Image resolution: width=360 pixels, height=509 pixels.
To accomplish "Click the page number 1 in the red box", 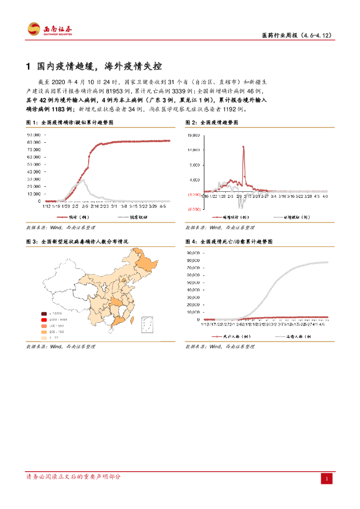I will tap(327, 478).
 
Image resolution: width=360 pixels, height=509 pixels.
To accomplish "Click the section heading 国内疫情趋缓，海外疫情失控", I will tap(100, 67).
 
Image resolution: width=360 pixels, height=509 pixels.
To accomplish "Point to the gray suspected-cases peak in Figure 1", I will tap(84, 180).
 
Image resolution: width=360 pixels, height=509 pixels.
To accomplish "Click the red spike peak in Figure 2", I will tap(243, 147).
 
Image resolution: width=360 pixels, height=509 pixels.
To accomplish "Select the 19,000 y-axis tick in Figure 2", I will tap(194, 135).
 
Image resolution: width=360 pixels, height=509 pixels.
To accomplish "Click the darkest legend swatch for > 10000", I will tap(44, 314).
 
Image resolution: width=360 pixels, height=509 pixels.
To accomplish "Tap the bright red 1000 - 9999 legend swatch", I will tap(44, 320).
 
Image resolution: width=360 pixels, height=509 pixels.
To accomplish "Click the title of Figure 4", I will tap(229, 241).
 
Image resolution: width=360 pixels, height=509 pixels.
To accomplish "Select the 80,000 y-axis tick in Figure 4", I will tap(193, 260).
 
